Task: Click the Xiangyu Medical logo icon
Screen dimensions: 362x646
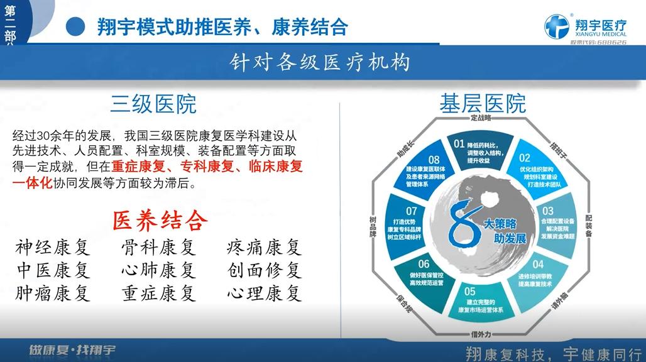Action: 557,27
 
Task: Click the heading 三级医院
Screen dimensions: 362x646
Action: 153,104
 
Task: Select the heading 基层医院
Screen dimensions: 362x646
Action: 483,103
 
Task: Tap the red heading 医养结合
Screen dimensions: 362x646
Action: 160,220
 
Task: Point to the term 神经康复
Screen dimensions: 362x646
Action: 53,246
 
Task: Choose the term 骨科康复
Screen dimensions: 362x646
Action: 158,246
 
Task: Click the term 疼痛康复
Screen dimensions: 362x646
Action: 264,246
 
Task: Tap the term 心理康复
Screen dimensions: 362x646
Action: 264,293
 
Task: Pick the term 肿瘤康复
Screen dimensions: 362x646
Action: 53,293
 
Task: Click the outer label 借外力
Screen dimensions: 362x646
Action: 481,333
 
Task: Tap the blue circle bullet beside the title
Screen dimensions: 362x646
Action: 76,26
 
